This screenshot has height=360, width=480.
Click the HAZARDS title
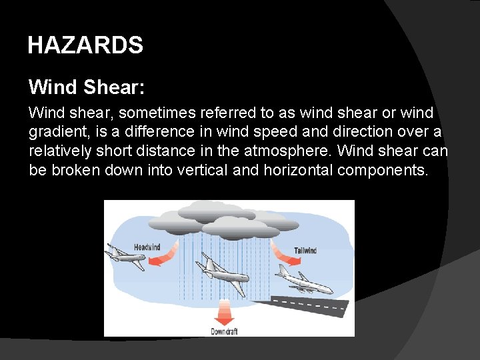[85, 45]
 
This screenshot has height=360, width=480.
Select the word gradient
[58, 133]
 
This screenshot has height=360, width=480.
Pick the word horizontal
[298, 170]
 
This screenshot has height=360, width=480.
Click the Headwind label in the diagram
[147, 247]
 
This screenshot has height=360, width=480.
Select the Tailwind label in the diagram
[305, 251]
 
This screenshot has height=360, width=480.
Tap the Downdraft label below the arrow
[224, 331]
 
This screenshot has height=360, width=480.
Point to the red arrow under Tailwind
[281, 253]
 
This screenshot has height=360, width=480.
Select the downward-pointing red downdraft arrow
[225, 311]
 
